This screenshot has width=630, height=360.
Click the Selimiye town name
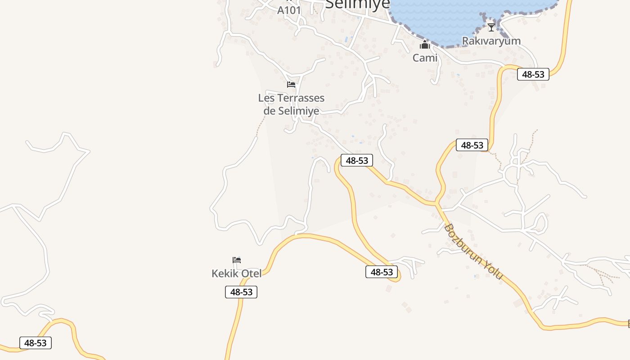pos(357,4)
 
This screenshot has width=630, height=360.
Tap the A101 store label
pos(288,10)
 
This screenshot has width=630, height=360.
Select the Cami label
pos(425,58)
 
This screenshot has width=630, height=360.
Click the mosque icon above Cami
pos(425,45)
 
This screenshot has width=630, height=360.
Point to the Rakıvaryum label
pos(491,41)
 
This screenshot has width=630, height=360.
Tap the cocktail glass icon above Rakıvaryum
pos(491,27)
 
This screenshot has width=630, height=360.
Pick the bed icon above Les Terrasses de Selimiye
pos(291,85)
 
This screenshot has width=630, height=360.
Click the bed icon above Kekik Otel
pos(237,260)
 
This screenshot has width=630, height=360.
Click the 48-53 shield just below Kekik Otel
pos(241,292)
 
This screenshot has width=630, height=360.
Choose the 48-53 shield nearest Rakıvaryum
pos(533,74)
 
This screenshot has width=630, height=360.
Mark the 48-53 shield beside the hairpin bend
pos(382,272)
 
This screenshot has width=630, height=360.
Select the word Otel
pos(252,274)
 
